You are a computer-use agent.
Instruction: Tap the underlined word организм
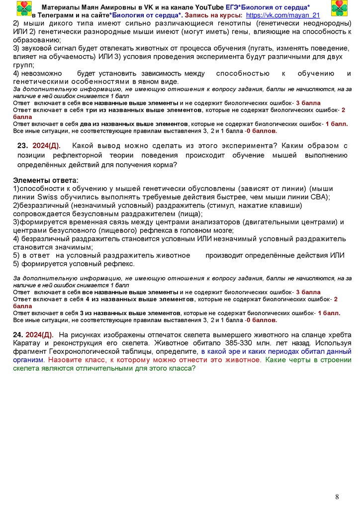(28, 360)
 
